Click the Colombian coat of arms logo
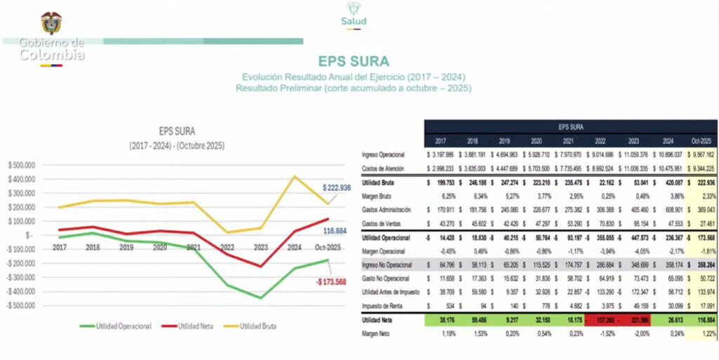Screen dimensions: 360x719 51,22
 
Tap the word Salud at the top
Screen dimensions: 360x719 353,21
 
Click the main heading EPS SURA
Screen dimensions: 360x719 353,61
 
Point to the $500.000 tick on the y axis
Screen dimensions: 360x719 23,165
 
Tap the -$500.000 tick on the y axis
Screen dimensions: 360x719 22,305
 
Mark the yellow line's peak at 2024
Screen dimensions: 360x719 294,176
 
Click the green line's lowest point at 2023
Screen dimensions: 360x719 260,298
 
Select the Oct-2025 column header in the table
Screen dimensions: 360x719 699,140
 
